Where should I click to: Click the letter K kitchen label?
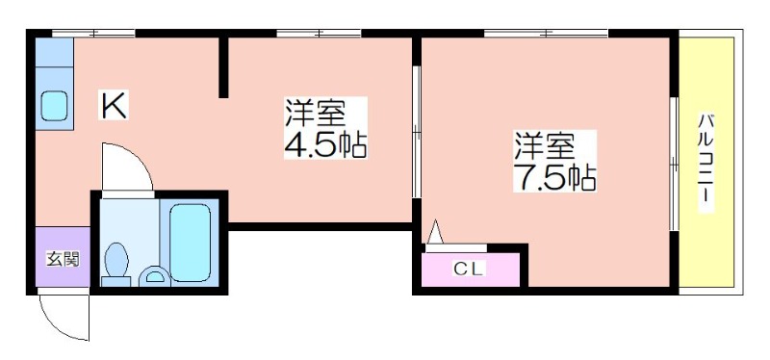pos(115,105)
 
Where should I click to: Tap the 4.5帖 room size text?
pos(325,144)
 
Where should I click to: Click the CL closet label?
pos(470,269)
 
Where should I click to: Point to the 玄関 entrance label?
pos(63,258)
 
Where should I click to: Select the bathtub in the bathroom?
pos(190,243)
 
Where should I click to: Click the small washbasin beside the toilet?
pos(154,276)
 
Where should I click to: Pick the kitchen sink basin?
pos(54,106)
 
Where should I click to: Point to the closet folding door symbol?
pos(435,232)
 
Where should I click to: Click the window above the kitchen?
pos(93,34)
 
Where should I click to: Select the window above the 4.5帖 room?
pos(319,34)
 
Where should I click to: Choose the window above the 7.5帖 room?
pos(546,34)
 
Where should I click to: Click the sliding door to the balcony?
pos(675,164)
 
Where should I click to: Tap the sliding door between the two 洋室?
pos(417,132)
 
